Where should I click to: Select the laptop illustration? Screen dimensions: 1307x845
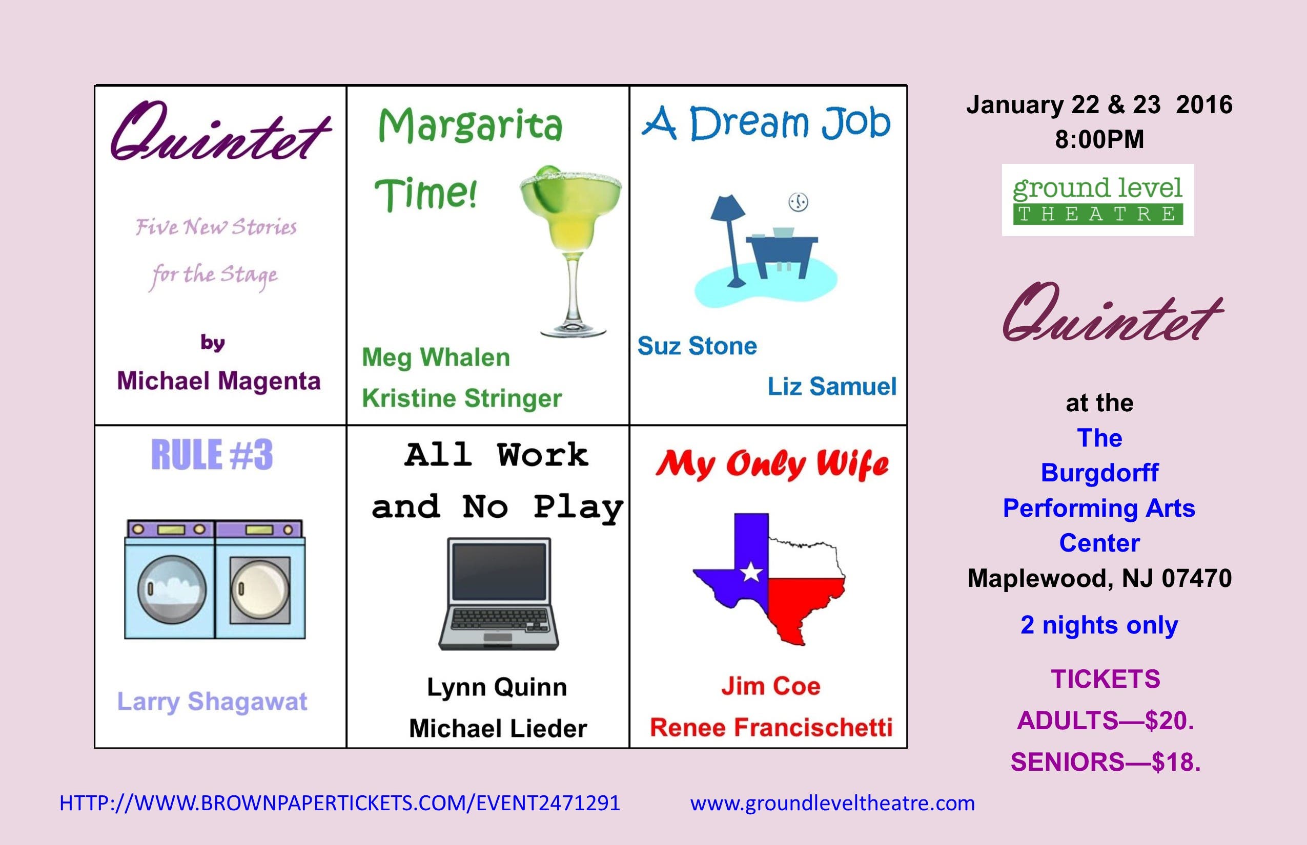498,594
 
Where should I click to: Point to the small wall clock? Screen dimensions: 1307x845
799,202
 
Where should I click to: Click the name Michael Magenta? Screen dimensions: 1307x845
218,381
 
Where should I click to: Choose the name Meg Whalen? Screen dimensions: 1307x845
436,358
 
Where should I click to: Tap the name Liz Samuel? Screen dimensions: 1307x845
832,386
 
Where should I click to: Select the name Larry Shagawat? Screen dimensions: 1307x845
212,702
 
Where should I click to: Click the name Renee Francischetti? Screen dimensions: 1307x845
771,728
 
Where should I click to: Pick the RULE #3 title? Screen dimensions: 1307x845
212,455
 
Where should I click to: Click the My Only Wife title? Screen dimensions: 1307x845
772,465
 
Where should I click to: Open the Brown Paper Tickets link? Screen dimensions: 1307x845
339,804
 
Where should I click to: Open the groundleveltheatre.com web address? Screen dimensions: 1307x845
832,804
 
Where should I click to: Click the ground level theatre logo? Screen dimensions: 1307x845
1098,200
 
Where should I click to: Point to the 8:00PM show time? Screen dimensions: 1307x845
1099,139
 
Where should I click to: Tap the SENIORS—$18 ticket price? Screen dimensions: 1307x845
1106,762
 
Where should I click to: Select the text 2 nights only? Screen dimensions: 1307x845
1099,625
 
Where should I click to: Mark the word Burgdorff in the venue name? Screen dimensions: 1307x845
1099,473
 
